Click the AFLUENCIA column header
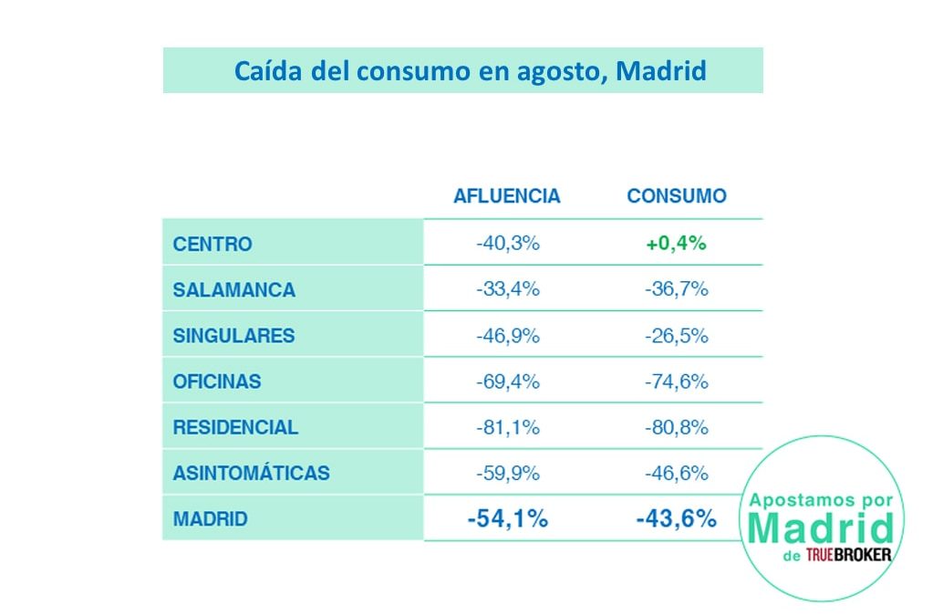tap(506, 196)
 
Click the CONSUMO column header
tap(677, 196)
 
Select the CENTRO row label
tap(212, 245)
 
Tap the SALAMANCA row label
tap(234, 290)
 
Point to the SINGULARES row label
tap(234, 336)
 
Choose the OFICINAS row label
tap(217, 381)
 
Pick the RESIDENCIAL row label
tap(235, 427)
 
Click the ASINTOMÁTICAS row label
tap(252, 474)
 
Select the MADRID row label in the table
tap(211, 519)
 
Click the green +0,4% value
tap(676, 245)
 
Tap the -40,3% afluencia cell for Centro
tap(507, 245)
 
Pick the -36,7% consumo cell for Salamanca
tap(676, 290)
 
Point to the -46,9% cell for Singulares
tap(507, 336)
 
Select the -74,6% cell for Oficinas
tap(676, 381)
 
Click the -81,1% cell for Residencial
tap(507, 427)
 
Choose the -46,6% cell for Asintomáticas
tap(676, 474)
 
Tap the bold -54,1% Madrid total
tap(507, 519)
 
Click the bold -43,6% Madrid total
tap(676, 519)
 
